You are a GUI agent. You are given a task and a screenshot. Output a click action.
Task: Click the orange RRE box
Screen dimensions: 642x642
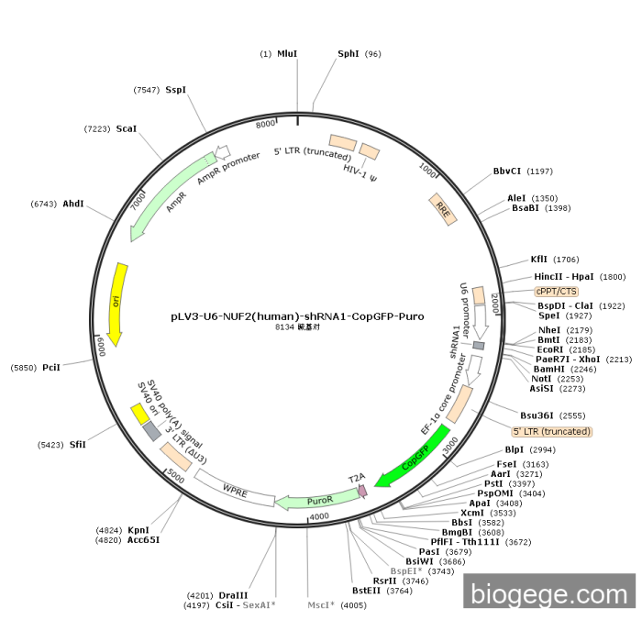[443, 208]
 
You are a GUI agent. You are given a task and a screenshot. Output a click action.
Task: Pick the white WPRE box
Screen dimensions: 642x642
[235, 487]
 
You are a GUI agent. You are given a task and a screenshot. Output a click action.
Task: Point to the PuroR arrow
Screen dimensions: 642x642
[316, 501]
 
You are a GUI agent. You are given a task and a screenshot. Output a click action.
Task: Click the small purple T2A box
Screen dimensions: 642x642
[362, 491]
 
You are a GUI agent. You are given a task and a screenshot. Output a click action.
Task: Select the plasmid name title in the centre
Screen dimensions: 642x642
[297, 315]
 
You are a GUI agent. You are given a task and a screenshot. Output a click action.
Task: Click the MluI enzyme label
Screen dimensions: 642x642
[287, 54]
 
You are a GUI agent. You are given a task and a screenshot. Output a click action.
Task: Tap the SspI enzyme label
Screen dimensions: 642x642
[175, 90]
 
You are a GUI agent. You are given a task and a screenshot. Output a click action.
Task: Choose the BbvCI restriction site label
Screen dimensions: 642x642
[507, 171]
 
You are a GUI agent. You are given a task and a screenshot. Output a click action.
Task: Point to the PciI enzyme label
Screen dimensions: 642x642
[51, 368]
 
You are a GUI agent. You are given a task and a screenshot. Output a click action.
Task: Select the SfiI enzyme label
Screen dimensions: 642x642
[77, 445]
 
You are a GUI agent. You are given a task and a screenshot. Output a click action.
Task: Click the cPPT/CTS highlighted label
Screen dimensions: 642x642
[557, 291]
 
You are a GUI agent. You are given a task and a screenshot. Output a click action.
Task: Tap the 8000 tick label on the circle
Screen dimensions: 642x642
[265, 124]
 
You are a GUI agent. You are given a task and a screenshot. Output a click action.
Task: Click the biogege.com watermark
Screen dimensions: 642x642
[548, 593]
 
